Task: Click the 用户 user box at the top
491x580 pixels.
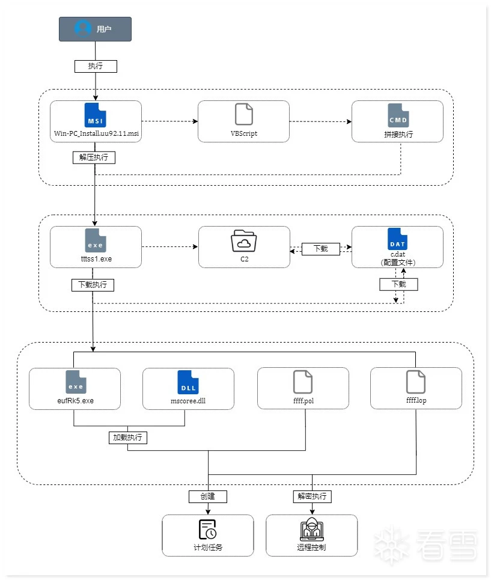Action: [95, 29]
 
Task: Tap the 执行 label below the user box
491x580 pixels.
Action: [95, 66]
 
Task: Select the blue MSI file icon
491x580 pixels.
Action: [96, 115]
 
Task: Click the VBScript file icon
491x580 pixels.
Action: [243, 114]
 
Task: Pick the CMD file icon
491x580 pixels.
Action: [397, 115]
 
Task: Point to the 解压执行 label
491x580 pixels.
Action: [93, 157]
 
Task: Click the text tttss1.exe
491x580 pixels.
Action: [96, 260]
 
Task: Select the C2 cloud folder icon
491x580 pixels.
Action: [243, 241]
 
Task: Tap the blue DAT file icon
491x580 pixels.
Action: [397, 240]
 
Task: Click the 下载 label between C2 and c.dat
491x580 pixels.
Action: [320, 248]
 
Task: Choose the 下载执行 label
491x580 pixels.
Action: [92, 284]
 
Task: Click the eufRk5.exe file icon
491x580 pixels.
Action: [75, 382]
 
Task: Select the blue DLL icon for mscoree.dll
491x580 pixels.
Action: [188, 382]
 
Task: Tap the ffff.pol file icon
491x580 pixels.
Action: [303, 382]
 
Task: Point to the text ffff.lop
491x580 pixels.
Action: [416, 400]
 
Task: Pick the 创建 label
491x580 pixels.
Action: [207, 496]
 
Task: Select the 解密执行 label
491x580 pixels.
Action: [312, 496]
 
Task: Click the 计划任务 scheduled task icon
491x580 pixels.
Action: [207, 530]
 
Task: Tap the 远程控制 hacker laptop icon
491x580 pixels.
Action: [311, 530]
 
